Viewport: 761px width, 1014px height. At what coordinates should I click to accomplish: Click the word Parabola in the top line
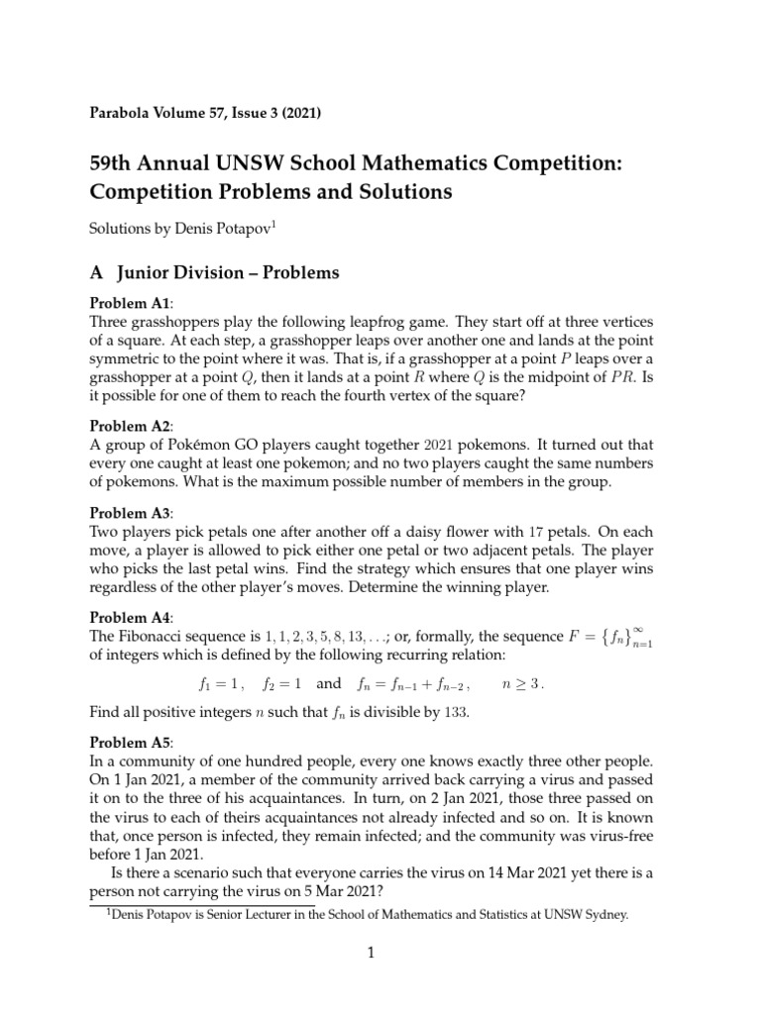point(123,113)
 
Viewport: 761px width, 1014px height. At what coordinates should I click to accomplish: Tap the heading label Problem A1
point(131,304)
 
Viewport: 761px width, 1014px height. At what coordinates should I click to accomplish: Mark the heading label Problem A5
point(131,742)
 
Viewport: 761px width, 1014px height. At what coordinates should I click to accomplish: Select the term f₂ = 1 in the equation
point(282,682)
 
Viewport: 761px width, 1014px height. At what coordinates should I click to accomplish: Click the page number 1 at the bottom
point(369,955)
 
